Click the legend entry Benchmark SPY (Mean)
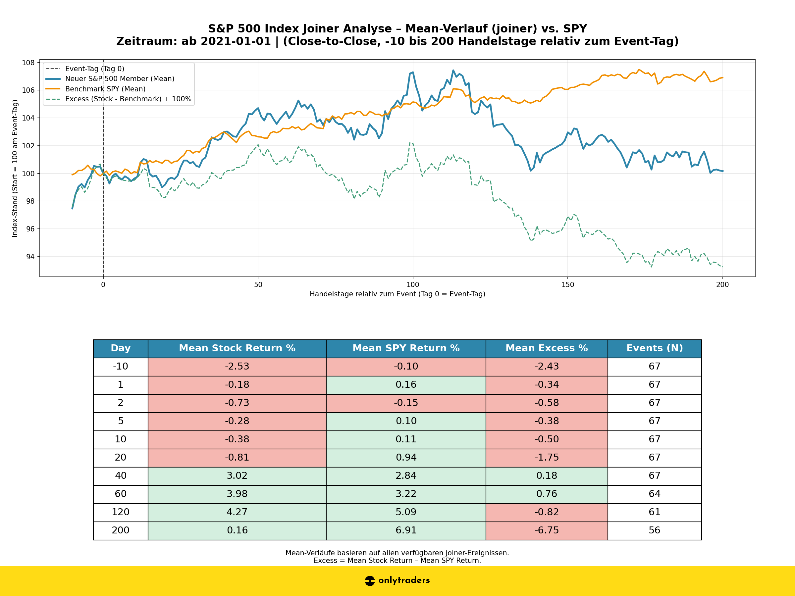pos(105,89)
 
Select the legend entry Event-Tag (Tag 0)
pos(94,69)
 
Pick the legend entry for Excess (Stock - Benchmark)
pos(128,99)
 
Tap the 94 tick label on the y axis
pos(29,257)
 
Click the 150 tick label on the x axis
pos(567,285)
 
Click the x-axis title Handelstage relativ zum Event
pos(397,294)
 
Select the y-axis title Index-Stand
pos(15,169)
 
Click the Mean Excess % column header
pos(546,348)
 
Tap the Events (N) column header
pos(654,348)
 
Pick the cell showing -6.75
pos(546,530)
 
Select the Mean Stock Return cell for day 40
pos(237,476)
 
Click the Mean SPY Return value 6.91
pos(406,530)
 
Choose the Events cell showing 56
pos(654,530)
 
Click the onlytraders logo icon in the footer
pos(369,580)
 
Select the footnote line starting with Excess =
pos(397,561)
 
